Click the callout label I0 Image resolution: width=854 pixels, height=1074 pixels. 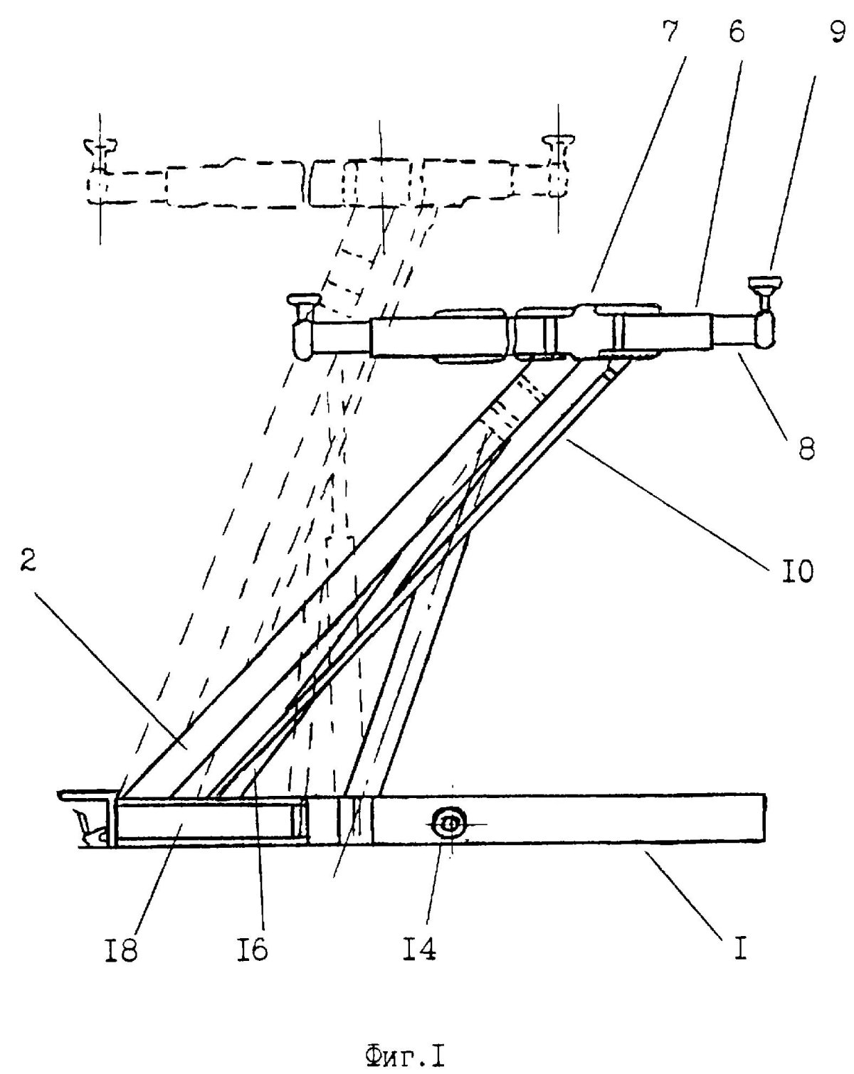pos(791,569)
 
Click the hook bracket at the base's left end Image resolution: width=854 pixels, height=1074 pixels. pos(89,822)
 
